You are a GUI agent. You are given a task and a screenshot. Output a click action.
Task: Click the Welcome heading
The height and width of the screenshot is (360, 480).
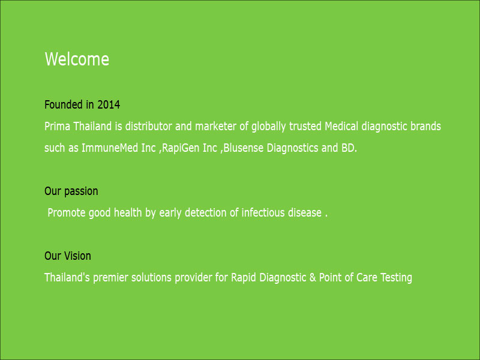77,59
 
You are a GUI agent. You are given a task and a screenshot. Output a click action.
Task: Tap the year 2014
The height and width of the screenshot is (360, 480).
109,104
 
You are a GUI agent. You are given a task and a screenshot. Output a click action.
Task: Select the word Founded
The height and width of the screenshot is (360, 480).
64,104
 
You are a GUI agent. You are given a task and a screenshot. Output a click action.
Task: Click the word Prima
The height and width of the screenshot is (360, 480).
57,126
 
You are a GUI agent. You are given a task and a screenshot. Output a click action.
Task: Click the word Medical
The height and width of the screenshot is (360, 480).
341,126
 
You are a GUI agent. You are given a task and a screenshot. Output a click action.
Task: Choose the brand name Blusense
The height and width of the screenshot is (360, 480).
244,148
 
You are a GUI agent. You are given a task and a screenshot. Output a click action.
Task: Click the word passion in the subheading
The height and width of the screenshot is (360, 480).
81,191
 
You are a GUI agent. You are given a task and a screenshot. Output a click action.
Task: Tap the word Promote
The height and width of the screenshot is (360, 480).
67,212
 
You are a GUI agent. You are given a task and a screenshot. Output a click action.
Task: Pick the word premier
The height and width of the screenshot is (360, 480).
110,278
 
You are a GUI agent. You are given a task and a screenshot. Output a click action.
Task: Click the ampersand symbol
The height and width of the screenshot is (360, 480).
313,277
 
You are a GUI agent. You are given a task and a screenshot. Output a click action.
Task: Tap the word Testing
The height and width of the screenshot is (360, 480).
396,278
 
